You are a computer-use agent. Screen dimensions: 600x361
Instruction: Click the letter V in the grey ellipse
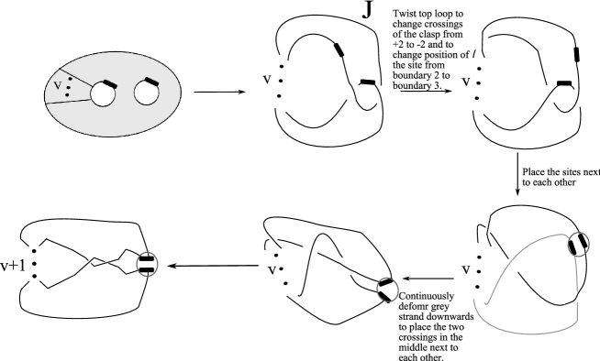click(x=58, y=86)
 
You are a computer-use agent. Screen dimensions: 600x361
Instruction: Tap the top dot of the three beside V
click(x=70, y=80)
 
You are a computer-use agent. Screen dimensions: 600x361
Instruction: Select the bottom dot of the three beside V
click(x=68, y=94)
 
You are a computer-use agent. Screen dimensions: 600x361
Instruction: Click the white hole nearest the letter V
click(x=102, y=93)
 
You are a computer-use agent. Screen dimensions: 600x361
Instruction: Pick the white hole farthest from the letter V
click(x=146, y=93)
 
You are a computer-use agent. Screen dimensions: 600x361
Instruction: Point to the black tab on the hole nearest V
click(x=108, y=83)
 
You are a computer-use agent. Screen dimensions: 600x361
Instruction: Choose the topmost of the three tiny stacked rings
click(x=34, y=250)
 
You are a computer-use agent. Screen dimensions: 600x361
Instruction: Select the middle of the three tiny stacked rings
click(x=34, y=263)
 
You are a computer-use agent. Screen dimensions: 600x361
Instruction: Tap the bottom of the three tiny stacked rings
click(x=34, y=276)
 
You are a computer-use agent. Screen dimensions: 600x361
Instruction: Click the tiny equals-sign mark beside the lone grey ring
click(x=106, y=263)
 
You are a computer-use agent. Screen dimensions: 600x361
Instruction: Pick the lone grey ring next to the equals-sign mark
click(x=147, y=264)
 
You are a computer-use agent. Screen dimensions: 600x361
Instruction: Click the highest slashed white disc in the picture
click(x=480, y=41)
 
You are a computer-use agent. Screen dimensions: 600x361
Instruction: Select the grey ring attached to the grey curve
click(x=578, y=245)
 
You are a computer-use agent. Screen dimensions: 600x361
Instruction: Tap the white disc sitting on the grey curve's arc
click(x=509, y=268)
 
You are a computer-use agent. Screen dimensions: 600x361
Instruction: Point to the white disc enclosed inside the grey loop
click(x=570, y=296)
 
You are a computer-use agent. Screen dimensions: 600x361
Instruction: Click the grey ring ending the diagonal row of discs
click(x=387, y=290)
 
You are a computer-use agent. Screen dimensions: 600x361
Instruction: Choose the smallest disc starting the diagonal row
click(x=270, y=239)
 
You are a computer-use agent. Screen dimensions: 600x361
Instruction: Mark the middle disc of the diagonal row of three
click(x=308, y=254)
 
